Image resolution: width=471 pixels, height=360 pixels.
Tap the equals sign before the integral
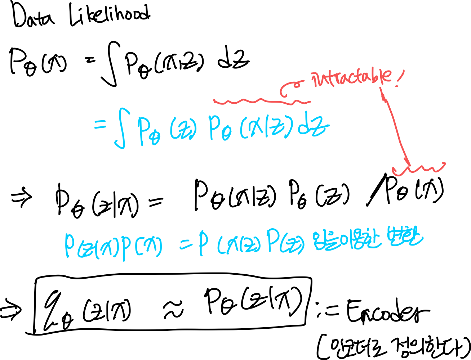(101, 125)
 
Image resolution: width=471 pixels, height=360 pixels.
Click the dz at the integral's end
(313, 129)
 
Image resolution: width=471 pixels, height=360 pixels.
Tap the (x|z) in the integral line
(266, 129)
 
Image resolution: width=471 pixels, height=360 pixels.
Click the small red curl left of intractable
(290, 89)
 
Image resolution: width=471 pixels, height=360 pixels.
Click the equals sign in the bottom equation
(185, 245)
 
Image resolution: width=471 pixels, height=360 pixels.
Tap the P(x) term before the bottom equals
(141, 247)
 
